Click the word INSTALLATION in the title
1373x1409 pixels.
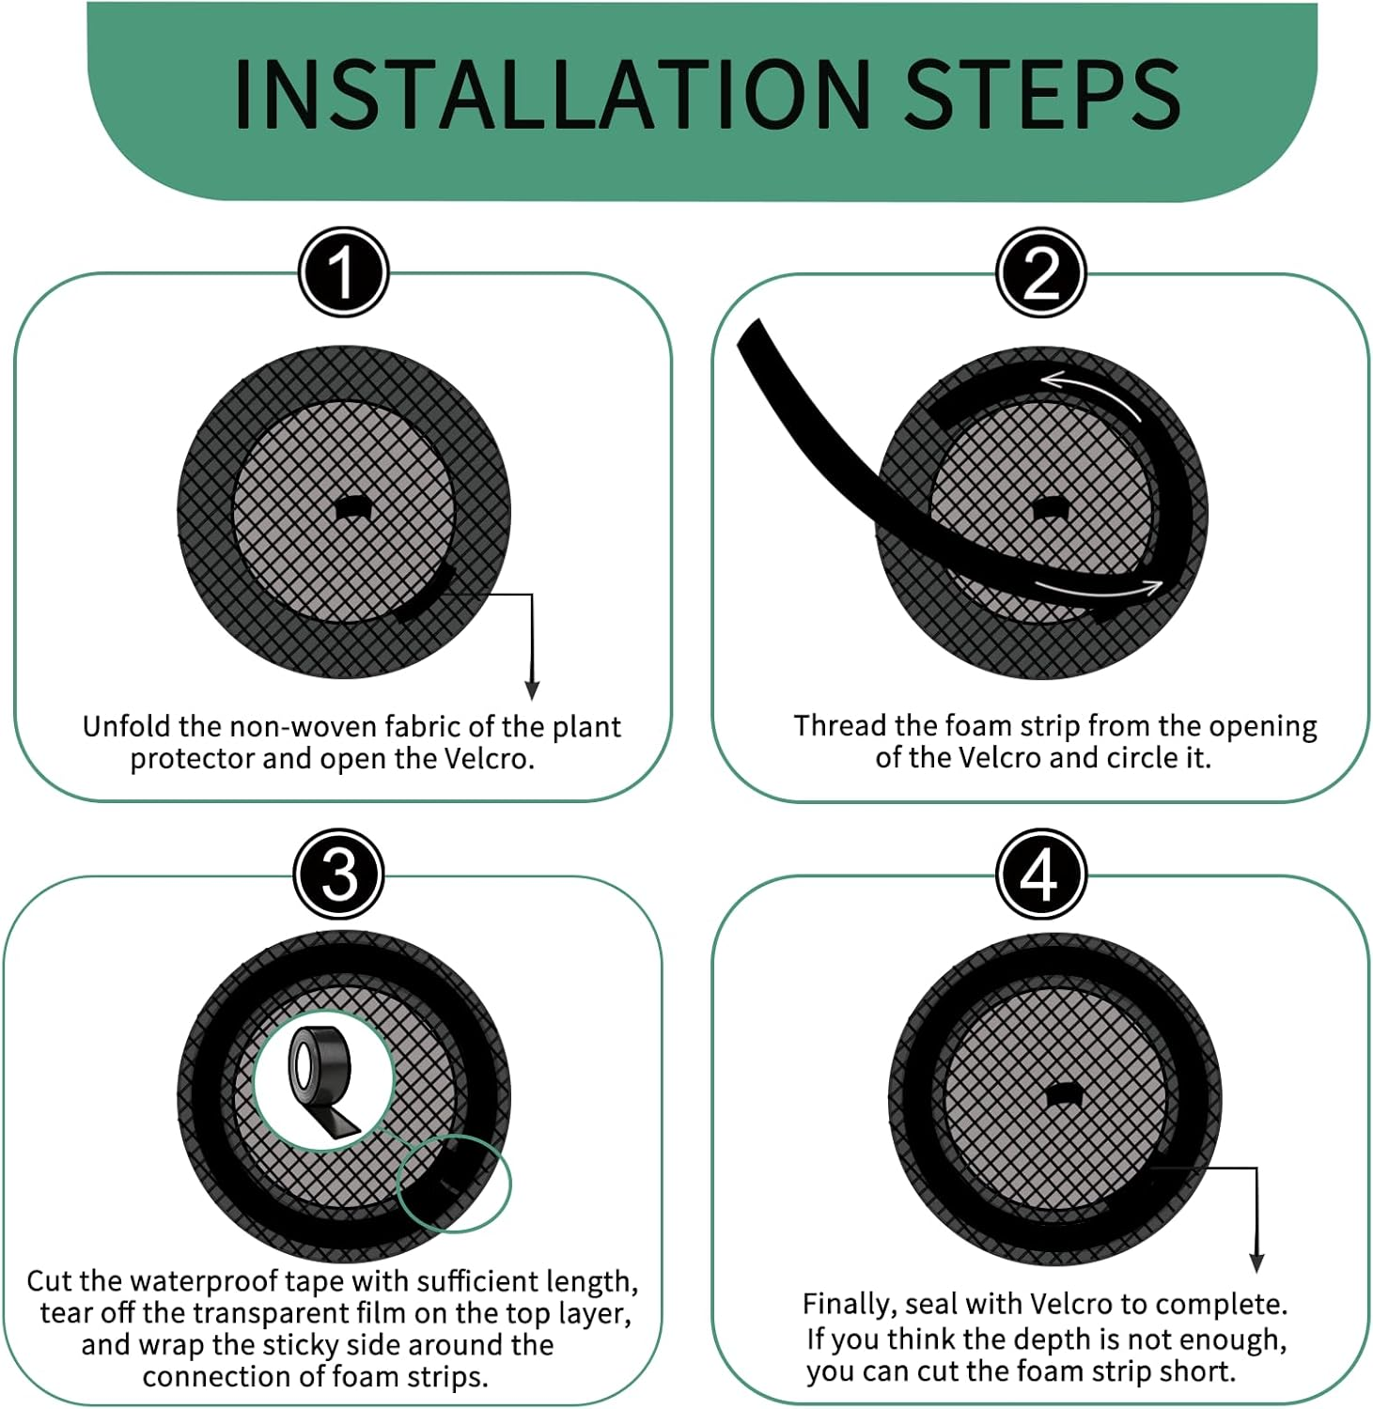tap(552, 94)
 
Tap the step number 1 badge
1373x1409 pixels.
tap(343, 272)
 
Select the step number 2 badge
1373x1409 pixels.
tap(1040, 273)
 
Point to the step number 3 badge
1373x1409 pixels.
tap(339, 875)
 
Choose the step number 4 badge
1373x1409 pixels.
tap(1040, 875)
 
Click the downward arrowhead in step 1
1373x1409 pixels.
tap(532, 689)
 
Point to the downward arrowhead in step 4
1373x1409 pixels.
tap(1256, 1262)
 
